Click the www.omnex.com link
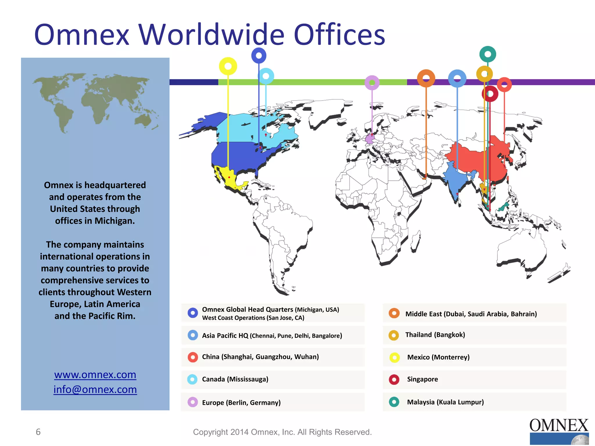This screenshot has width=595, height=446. click(95, 375)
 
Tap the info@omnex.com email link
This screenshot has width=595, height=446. click(95, 390)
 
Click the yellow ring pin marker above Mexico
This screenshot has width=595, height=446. click(228, 66)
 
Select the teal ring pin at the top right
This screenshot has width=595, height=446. click(488, 54)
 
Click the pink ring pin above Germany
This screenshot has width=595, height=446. click(372, 83)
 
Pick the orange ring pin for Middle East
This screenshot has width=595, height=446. click(426, 78)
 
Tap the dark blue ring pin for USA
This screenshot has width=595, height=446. click(259, 55)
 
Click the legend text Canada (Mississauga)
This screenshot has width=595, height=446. click(235, 379)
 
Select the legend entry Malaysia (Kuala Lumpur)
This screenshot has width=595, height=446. click(445, 402)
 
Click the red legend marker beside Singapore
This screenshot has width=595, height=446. click(394, 380)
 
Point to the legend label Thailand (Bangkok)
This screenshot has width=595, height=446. click(435, 335)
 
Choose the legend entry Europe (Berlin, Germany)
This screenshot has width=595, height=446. click(241, 403)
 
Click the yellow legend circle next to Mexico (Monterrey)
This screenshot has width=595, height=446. click(395, 357)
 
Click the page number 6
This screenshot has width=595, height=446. click(38, 432)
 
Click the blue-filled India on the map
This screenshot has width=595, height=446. click(455, 180)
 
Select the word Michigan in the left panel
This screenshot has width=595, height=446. click(114, 221)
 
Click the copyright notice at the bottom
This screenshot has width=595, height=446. click(282, 432)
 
